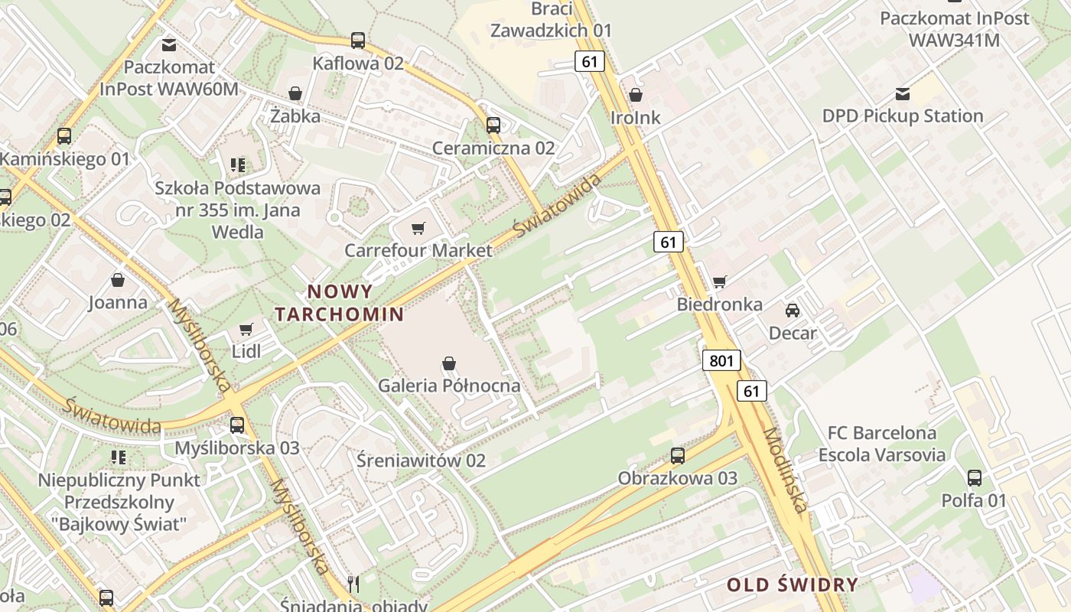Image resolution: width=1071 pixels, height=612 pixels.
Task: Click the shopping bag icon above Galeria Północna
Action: (x=449, y=363)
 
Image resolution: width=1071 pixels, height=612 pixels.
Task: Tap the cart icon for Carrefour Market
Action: (x=418, y=228)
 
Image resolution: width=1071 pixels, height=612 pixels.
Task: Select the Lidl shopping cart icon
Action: (x=246, y=329)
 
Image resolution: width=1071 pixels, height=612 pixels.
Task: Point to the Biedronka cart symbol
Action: (x=719, y=282)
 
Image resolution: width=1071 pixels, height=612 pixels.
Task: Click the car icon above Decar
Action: (x=793, y=310)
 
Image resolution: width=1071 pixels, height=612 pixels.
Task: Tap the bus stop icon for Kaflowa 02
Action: (x=358, y=41)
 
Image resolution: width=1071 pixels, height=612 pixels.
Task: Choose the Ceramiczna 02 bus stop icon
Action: (x=493, y=125)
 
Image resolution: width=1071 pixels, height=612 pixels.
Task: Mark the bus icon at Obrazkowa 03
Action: (x=678, y=456)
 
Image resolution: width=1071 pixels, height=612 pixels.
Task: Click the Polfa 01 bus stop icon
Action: (x=974, y=478)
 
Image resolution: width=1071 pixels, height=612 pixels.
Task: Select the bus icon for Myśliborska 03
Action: (x=237, y=425)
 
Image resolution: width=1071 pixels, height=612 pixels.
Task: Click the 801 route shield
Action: (x=721, y=360)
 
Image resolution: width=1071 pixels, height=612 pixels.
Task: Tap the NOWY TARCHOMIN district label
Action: (x=340, y=303)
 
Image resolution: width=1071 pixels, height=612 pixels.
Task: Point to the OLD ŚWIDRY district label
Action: (x=792, y=585)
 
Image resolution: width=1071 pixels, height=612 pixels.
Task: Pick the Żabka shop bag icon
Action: (x=295, y=93)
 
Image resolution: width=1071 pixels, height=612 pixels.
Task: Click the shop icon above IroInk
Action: (x=636, y=95)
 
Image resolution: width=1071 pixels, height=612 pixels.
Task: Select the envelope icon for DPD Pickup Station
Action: (x=903, y=93)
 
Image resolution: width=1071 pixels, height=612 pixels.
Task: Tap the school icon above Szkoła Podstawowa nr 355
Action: (x=237, y=164)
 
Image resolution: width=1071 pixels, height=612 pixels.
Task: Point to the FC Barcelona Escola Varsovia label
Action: (x=881, y=444)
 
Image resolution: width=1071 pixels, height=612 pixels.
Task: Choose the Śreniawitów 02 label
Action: (x=421, y=461)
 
